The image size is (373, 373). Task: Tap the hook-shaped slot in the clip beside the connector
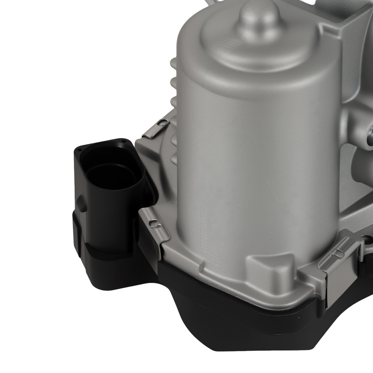click(153, 224)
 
